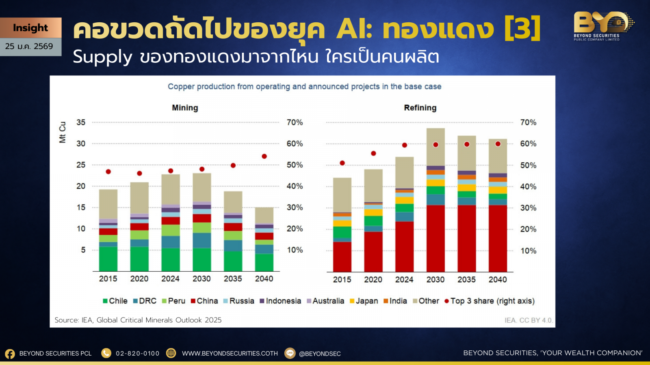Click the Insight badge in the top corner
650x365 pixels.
30,28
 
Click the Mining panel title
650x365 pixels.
185,108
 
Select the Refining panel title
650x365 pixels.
420,108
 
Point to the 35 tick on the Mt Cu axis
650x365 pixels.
81,122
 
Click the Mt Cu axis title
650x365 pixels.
63,132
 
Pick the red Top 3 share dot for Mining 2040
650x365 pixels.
264,157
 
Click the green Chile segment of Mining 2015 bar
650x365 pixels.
108,259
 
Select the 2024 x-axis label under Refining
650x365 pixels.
404,279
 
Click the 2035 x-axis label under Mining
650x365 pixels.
233,279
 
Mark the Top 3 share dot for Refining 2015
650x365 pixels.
342,163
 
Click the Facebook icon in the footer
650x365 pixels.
10,354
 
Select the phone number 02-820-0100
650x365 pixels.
137,354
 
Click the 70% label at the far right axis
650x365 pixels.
528,122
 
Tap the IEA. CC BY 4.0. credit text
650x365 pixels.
528,320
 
